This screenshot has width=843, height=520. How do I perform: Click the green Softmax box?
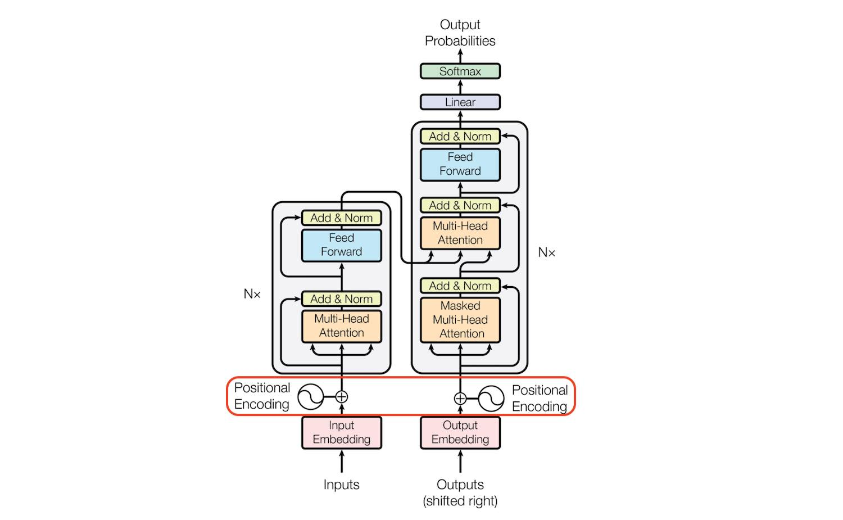460,71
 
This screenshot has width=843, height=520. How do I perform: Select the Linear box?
460,102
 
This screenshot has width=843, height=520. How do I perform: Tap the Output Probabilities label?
460,33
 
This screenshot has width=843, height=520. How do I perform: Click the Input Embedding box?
341,432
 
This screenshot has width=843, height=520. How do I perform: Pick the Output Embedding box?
460,432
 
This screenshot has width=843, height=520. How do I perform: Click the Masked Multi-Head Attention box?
460,320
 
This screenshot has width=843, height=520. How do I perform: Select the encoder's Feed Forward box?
341,245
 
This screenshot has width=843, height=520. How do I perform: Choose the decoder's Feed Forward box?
460,164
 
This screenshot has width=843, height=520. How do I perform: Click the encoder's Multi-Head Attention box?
341,326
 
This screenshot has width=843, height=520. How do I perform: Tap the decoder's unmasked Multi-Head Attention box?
460,233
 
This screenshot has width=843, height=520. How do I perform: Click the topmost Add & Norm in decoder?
460,137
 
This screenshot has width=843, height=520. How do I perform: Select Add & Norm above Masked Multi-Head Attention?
460,286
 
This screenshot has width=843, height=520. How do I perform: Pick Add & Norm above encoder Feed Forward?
341,218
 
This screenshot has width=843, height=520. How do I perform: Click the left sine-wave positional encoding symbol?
310,397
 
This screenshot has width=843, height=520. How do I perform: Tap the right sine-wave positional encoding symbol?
491,399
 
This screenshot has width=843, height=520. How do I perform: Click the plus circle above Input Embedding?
341,397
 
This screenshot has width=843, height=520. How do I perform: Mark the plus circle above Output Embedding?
460,399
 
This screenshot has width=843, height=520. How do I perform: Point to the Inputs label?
341,485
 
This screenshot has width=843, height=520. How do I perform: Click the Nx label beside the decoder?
546,252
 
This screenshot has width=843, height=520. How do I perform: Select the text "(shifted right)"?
460,501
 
